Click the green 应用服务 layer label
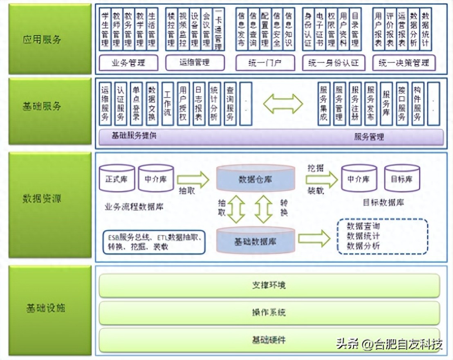[50, 39]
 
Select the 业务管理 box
[128, 63]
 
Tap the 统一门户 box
[265, 63]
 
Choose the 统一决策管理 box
[404, 63]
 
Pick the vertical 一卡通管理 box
[218, 29]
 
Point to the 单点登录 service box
[136, 104]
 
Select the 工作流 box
[167, 104]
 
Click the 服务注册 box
[355, 104]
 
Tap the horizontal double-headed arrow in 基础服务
[283, 104]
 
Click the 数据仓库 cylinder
[256, 179]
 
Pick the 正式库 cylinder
[117, 178]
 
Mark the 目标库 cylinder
[401, 178]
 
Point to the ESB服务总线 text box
[154, 242]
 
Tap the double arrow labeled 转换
[264, 209]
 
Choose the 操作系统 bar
[269, 313]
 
